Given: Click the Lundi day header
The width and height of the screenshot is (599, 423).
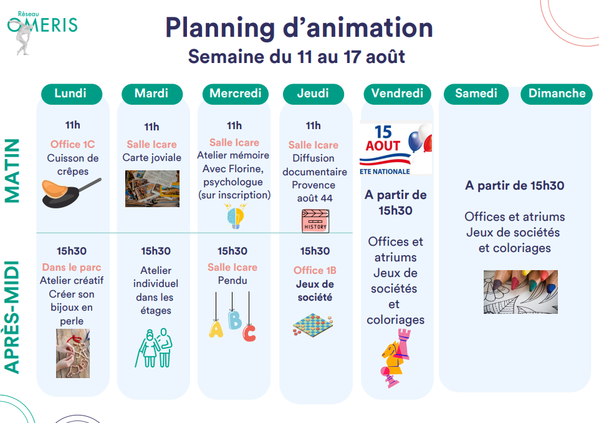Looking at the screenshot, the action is [72, 94].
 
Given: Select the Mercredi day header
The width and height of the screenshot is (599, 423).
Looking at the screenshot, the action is [236, 94].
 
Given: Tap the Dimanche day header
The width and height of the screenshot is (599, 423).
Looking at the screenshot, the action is [557, 94].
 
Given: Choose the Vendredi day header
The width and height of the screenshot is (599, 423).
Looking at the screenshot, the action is [397, 94].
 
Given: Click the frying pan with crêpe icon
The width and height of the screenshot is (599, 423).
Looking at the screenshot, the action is [71, 193].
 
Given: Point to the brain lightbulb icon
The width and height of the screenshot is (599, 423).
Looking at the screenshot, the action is [236, 216].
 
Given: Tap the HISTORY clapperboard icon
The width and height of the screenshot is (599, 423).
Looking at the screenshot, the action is [315, 221].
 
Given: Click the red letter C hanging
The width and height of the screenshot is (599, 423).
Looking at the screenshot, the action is [249, 333].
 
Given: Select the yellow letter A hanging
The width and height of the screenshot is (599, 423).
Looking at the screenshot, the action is [216, 329].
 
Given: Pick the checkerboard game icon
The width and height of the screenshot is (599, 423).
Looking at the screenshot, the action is [314, 325].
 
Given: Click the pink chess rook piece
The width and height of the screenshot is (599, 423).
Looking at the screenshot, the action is [404, 345].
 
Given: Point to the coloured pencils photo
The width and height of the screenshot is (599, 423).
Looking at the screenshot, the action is [520, 292].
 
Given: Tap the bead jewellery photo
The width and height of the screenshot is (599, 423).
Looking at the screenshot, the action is [73, 353].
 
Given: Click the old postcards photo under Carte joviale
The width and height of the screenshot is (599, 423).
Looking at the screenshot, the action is [152, 188].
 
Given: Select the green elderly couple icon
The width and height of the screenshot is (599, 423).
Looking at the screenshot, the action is [154, 348].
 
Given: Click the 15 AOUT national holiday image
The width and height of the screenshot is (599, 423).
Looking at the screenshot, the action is [396, 148].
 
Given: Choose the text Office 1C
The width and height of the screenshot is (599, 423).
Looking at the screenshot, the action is [72, 144].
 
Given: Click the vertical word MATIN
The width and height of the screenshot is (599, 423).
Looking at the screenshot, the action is [12, 170].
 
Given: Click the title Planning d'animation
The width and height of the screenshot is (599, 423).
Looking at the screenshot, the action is [299, 28].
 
